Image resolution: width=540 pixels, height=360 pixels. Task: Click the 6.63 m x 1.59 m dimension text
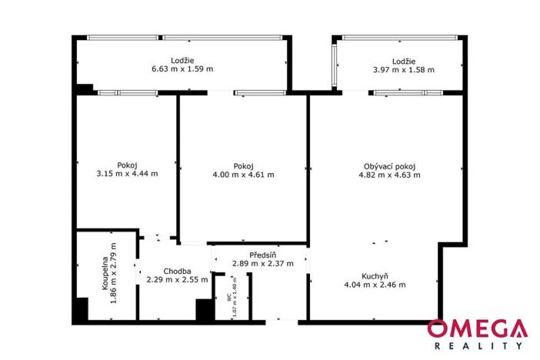182,69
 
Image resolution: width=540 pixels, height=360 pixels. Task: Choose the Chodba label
177,271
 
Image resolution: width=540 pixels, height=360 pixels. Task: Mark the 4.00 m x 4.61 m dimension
244,175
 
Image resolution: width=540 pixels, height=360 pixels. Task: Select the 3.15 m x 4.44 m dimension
128,174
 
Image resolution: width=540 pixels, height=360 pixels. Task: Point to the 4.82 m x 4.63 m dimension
389,175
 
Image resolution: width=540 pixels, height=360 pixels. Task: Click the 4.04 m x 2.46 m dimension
375,285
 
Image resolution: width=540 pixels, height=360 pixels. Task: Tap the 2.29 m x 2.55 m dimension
178,280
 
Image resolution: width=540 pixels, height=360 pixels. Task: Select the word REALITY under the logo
477,347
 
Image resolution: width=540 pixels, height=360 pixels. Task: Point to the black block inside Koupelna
79,309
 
